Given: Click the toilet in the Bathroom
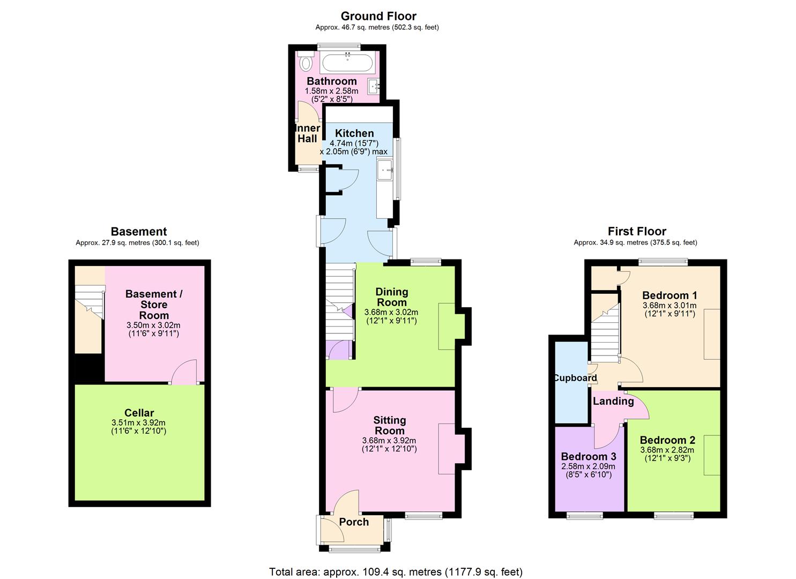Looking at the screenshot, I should [x=306, y=62].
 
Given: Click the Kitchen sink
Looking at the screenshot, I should [x=385, y=172].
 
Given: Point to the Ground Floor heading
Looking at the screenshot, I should [x=378, y=16].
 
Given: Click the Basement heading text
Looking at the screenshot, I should [x=139, y=232].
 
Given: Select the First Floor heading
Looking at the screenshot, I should [x=637, y=232].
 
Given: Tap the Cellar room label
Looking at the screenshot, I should [x=139, y=413].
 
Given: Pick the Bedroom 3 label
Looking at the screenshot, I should [x=589, y=457].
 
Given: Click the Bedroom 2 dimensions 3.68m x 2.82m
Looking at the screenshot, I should [x=667, y=450].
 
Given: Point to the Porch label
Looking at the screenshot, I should [x=354, y=522].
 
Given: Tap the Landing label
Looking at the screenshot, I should [x=613, y=401].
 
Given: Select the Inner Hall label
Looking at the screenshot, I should [x=307, y=133].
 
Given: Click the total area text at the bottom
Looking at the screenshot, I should [x=396, y=572].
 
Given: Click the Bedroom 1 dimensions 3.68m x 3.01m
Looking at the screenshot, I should [x=669, y=306].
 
